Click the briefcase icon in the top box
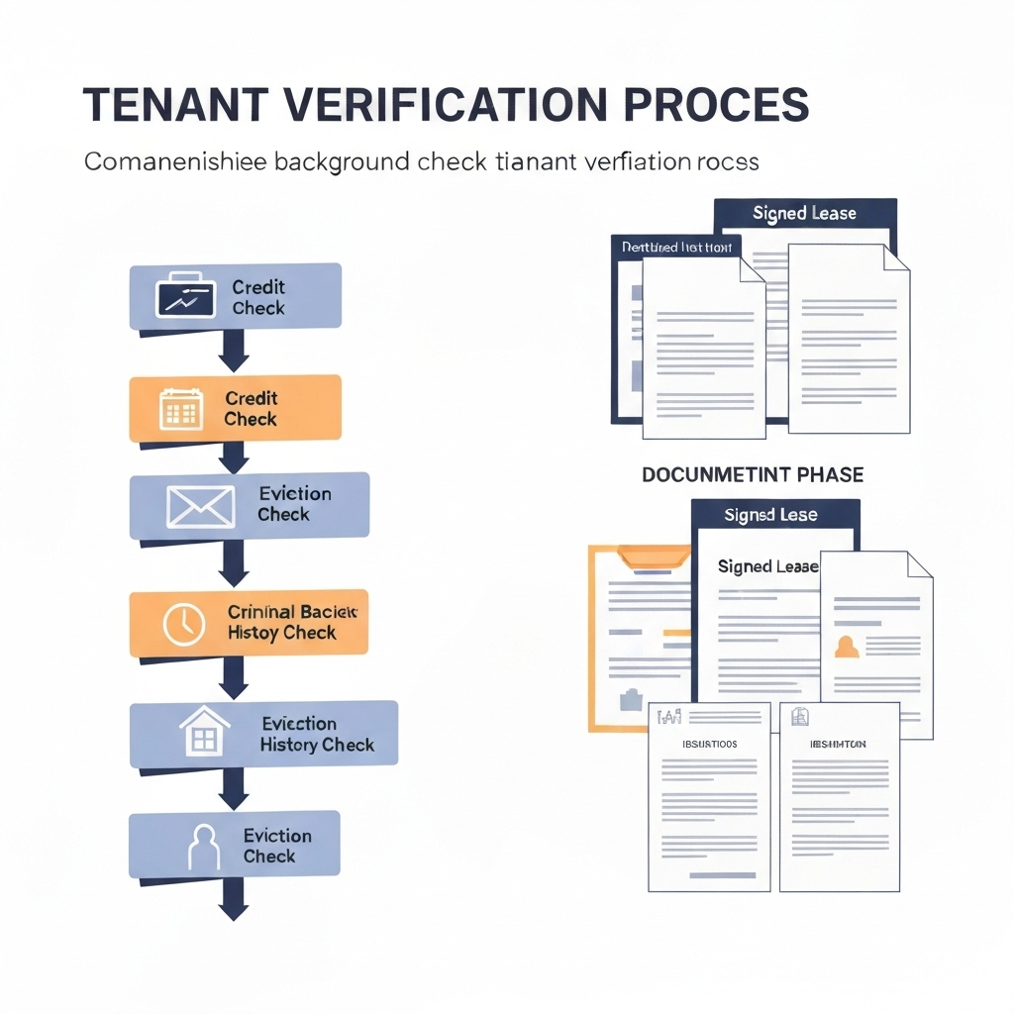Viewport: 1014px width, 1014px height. (x=185, y=295)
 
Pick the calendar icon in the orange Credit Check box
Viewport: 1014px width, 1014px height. (x=181, y=408)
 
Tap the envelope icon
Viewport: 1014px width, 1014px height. (x=200, y=506)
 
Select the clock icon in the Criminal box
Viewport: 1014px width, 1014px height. (x=184, y=624)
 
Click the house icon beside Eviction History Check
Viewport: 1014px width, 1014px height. (x=203, y=734)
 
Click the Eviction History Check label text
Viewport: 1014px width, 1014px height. (x=317, y=734)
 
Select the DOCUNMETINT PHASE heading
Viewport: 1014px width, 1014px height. (x=753, y=475)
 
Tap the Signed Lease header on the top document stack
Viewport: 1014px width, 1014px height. (x=804, y=213)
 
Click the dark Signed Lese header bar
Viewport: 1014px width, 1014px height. (x=770, y=515)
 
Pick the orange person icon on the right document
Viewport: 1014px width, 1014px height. (x=847, y=648)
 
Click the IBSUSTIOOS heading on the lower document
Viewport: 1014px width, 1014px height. (x=710, y=743)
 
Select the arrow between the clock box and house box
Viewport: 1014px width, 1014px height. (x=233, y=681)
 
